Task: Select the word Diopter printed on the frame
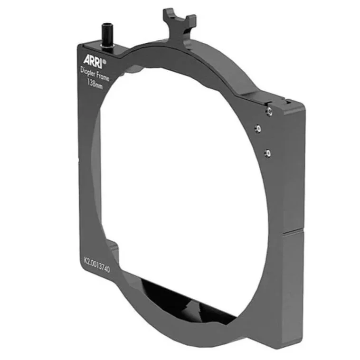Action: pyautogui.click(x=87, y=72)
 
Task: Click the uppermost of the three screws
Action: pyautogui.click(x=269, y=111)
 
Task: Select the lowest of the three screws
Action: pyautogui.click(x=268, y=152)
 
